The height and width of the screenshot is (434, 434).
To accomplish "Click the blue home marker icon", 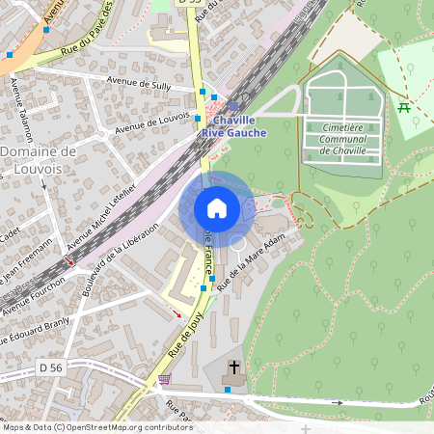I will pos(217,207).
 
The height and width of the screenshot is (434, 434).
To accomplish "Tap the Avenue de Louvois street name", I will pos(152,122).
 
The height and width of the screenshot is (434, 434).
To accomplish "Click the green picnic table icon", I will pos(404,107).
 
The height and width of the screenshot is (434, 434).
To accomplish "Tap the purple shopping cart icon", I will pos(165,379).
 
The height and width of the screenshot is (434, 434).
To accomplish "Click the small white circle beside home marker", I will pos(237,241).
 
